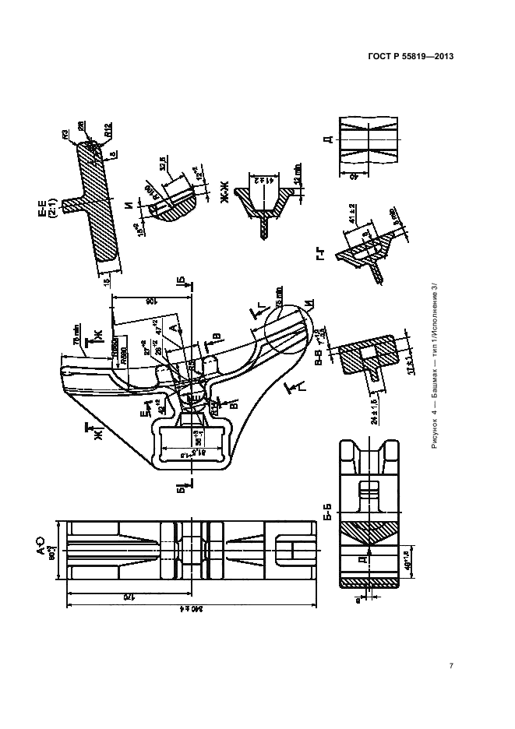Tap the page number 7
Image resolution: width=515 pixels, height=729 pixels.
pyautogui.click(x=452, y=666)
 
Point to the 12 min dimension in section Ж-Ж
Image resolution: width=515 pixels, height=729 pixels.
pyautogui.click(x=297, y=174)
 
